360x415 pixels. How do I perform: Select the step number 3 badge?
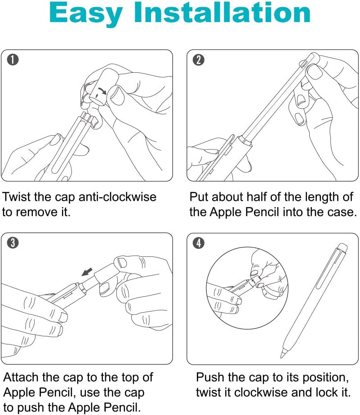pyautogui.click(x=14, y=243)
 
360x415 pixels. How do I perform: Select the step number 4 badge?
pyautogui.click(x=198, y=243)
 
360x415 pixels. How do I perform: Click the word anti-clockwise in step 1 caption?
pyautogui.click(x=118, y=197)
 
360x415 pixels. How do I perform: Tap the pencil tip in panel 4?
pyautogui.click(x=283, y=354)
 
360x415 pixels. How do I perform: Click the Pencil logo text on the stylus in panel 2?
pyautogui.click(x=305, y=68)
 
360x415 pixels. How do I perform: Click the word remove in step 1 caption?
pyautogui.click(x=33, y=212)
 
